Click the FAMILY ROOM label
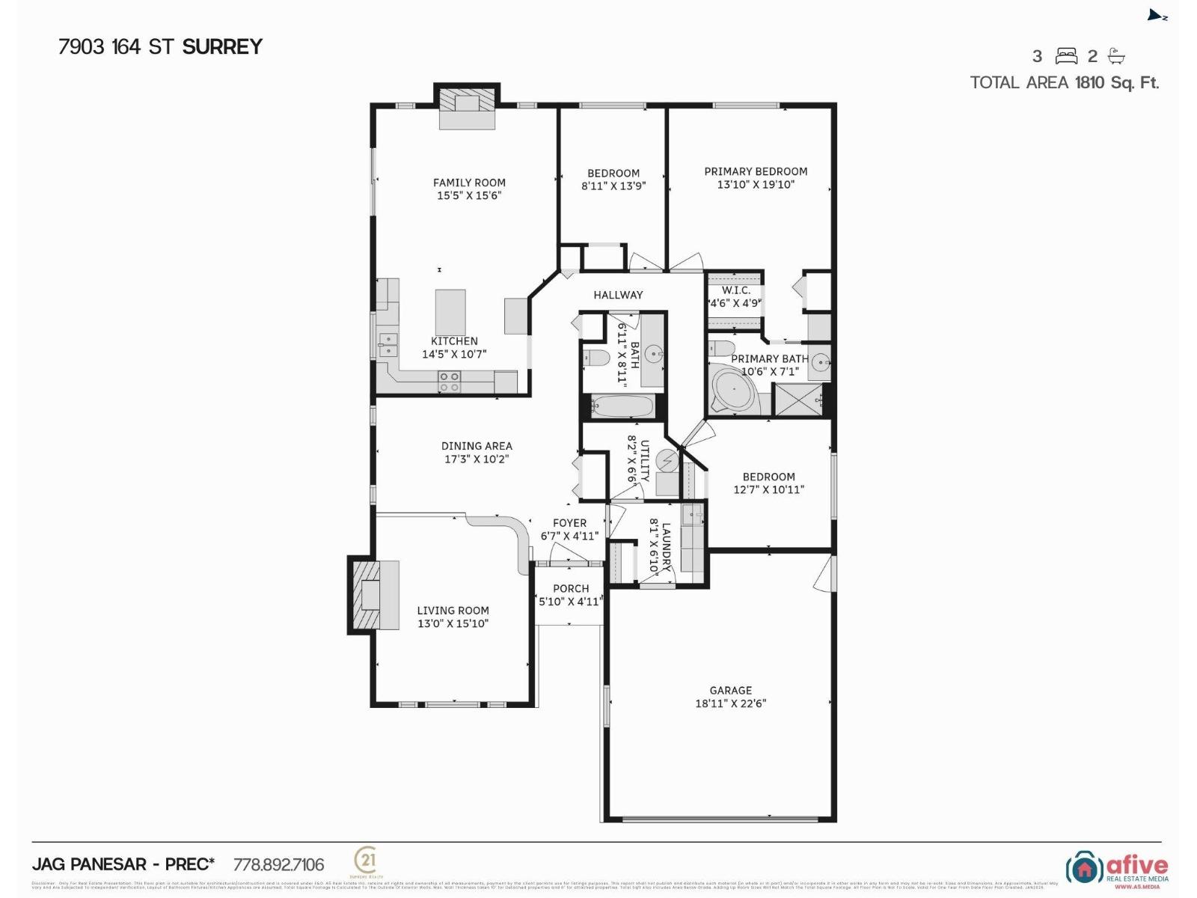click(469, 182)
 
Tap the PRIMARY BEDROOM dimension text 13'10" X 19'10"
click(756, 184)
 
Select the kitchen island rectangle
click(450, 312)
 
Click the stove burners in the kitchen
click(449, 382)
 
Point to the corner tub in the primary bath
click(734, 390)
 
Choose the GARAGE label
click(731, 690)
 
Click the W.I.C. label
click(735, 290)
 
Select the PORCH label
click(571, 588)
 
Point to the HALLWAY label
click(618, 295)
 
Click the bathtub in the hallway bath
click(622, 407)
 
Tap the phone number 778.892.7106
click(279, 865)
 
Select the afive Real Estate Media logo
click(1117, 868)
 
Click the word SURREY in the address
click(222, 46)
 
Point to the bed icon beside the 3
click(1066, 56)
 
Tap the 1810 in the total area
click(1089, 82)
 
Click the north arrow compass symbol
click(1157, 16)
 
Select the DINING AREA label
click(477, 446)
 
